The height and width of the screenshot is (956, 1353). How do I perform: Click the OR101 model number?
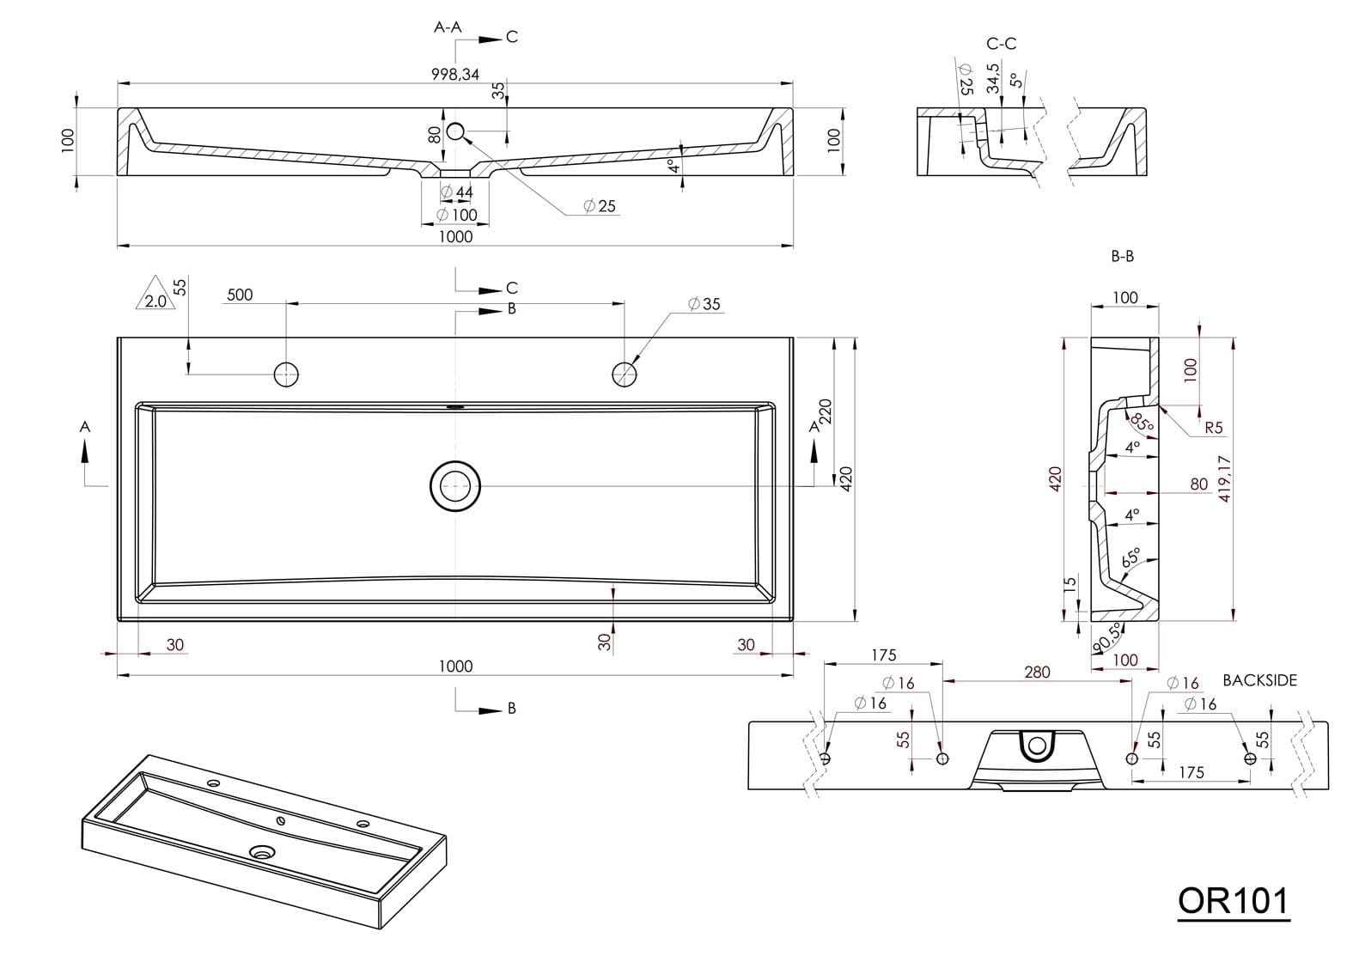pyautogui.click(x=1233, y=901)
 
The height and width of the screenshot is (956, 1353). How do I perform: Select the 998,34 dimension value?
pyautogui.click(x=455, y=74)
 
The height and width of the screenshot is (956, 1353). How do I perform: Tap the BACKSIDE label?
pyautogui.click(x=1259, y=680)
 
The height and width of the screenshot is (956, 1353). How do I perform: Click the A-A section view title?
pyautogui.click(x=448, y=27)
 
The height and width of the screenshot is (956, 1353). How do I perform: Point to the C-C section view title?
pyautogui.click(x=1002, y=44)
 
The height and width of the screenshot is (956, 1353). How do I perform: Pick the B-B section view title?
pyautogui.click(x=1122, y=256)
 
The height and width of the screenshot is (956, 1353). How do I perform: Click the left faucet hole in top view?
pyautogui.click(x=286, y=374)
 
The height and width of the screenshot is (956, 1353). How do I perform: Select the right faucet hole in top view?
pyautogui.click(x=625, y=374)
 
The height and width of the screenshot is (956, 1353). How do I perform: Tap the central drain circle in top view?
pyautogui.click(x=455, y=486)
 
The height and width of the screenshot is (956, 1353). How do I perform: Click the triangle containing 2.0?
pyautogui.click(x=155, y=295)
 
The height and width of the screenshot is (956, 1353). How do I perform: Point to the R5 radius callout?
pyautogui.click(x=1213, y=427)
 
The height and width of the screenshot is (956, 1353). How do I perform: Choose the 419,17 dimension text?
pyautogui.click(x=1225, y=478)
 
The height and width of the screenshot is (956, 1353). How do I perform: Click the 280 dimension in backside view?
pyautogui.click(x=1037, y=672)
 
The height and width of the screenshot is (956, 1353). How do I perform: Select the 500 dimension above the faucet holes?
pyautogui.click(x=240, y=295)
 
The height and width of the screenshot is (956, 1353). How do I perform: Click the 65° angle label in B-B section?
pyautogui.click(x=1131, y=556)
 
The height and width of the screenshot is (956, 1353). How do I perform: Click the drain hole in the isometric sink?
pyautogui.click(x=262, y=852)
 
